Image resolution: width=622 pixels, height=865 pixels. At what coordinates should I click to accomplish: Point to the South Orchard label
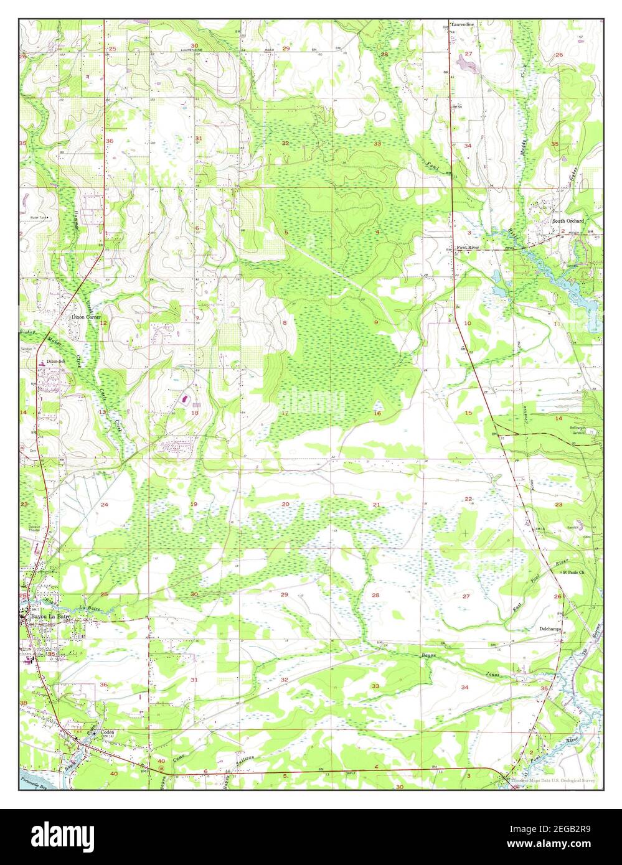point(567,221)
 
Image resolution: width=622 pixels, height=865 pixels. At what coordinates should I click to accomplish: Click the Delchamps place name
point(550,629)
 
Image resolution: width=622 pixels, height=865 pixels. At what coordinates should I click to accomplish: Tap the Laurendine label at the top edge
point(463,24)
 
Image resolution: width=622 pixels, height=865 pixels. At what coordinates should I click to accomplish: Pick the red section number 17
point(285,413)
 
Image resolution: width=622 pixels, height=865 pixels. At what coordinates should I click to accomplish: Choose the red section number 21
point(376,504)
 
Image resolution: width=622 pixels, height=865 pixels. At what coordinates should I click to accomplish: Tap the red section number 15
point(468,413)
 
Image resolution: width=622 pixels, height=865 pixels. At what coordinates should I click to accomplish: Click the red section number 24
point(104,504)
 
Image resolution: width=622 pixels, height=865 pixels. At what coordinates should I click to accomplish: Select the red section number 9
point(376,322)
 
